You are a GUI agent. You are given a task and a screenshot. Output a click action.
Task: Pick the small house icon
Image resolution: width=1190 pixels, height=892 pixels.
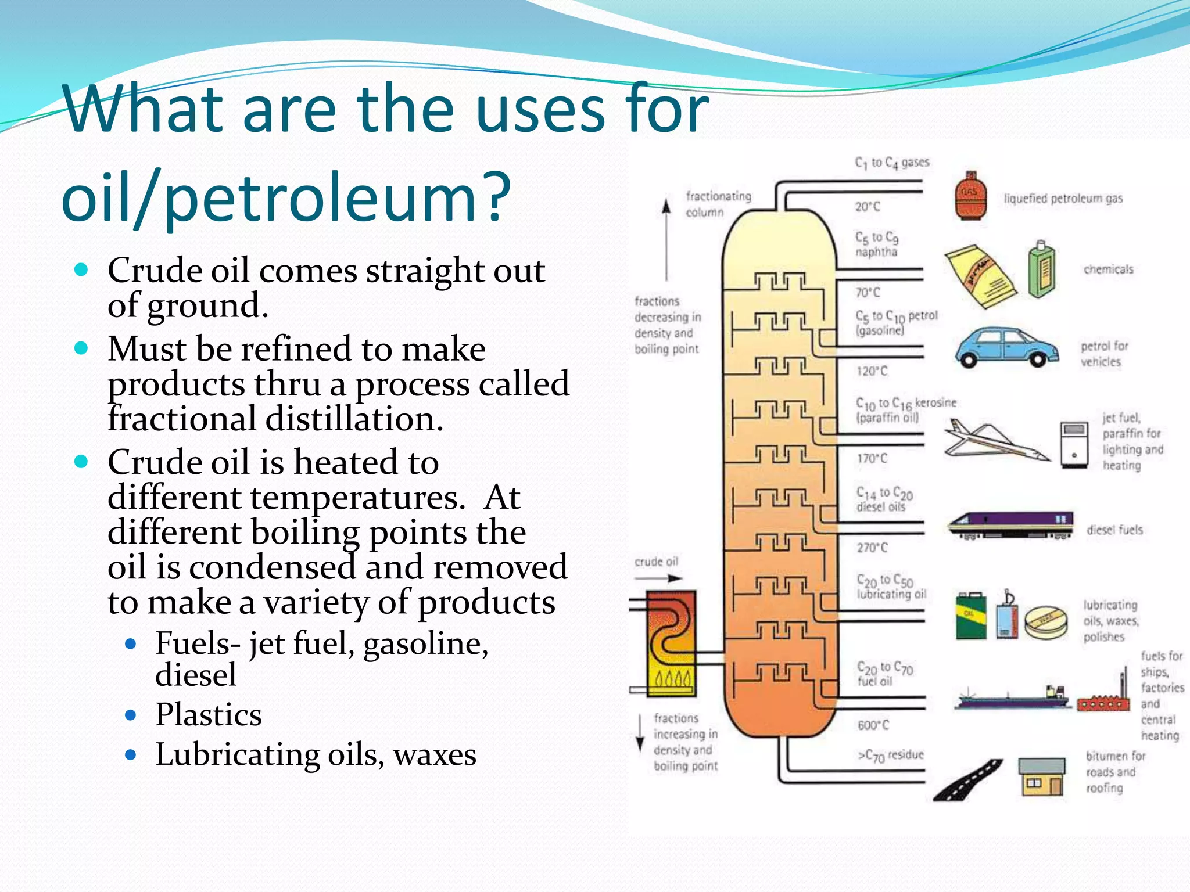[1042, 777]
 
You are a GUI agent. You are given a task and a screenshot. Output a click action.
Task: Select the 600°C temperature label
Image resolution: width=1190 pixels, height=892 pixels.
[873, 725]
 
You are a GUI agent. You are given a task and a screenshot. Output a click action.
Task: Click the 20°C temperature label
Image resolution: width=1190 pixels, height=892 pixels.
[868, 206]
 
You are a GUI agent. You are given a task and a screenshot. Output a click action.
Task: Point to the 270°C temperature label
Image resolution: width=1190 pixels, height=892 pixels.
[872, 547]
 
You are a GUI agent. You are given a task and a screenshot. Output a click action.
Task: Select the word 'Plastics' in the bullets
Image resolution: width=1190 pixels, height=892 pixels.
[208, 714]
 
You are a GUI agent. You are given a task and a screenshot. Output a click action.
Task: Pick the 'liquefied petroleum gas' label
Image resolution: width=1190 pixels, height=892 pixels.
[1063, 199]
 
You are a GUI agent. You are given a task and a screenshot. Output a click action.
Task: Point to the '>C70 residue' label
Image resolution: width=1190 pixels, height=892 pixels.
[891, 755]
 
